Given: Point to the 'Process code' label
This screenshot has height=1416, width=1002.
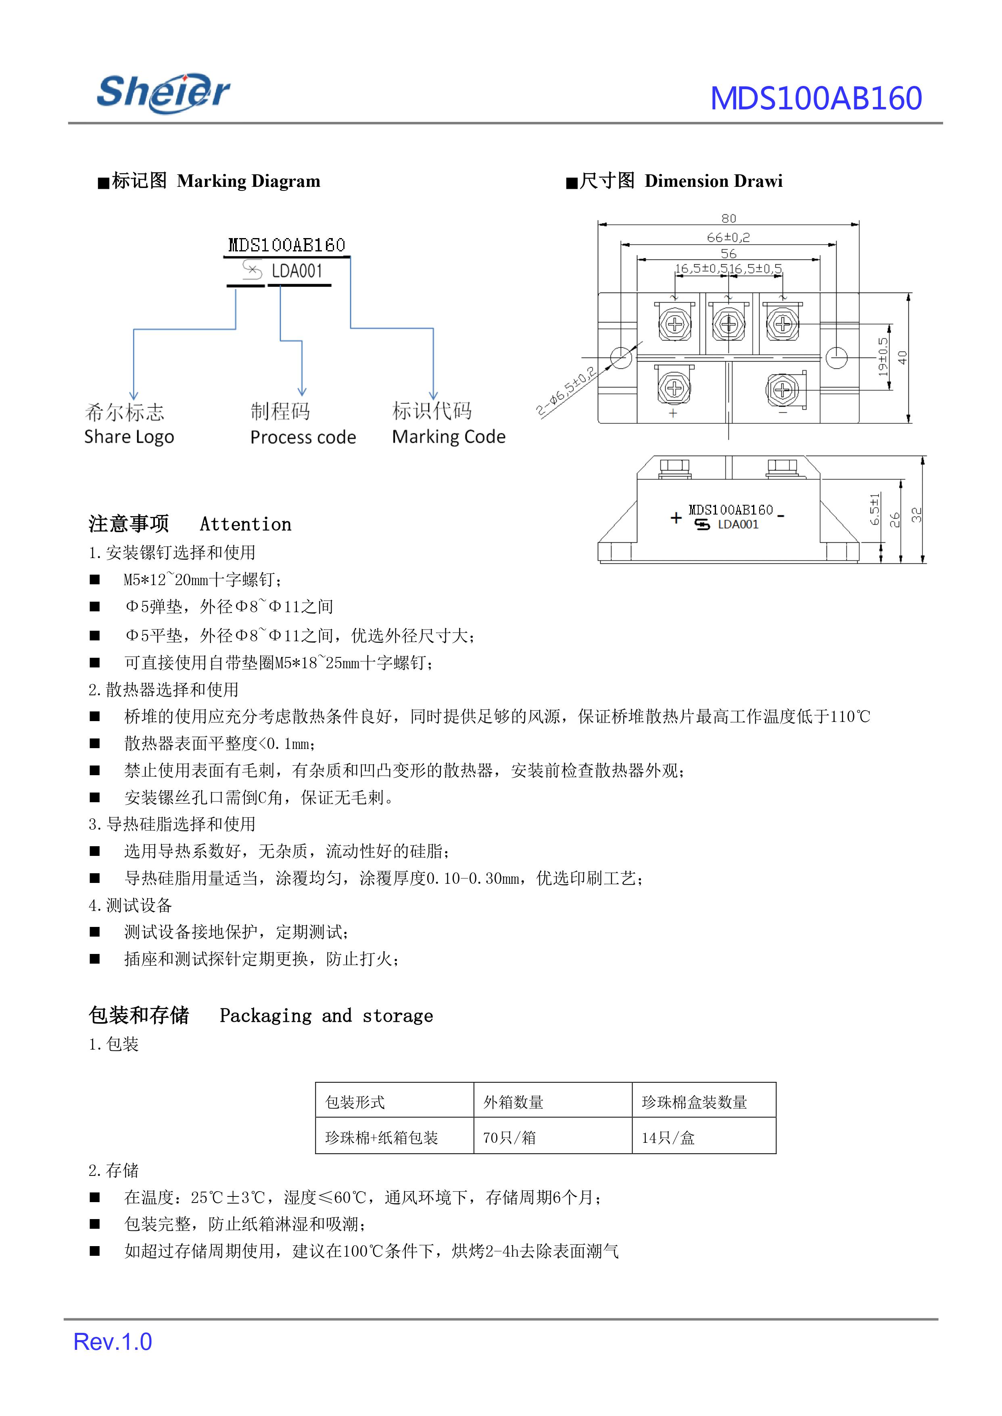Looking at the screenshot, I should (303, 437).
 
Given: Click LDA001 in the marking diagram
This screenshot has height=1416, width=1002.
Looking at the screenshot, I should (297, 271).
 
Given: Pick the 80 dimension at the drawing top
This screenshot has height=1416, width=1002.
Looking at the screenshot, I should (729, 218).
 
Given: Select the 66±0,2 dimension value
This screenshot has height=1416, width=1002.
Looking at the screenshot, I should (728, 237).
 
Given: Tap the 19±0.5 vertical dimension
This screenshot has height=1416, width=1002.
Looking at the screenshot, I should (883, 357).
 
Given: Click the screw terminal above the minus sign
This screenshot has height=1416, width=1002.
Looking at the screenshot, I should (782, 389).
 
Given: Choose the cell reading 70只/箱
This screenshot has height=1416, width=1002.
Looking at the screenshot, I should (509, 1137).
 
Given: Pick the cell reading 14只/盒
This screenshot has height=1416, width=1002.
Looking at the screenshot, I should (668, 1137).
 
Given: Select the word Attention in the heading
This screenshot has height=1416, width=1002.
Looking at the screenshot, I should (246, 524).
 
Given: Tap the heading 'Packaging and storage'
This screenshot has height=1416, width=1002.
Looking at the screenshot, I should (326, 1015).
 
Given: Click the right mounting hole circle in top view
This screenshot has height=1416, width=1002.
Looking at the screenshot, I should (836, 358).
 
